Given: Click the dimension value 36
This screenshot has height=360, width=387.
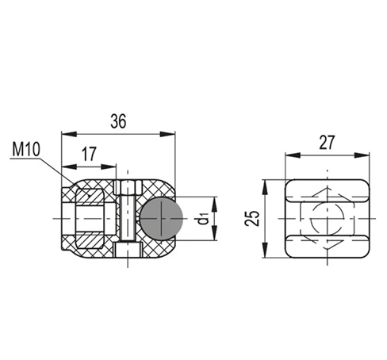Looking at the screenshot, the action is point(118,121).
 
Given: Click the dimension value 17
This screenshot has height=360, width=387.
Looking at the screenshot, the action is point(89,154).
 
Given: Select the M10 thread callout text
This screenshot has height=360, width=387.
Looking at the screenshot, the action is point(26,149).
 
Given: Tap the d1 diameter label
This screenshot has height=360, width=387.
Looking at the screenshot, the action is point(204,218).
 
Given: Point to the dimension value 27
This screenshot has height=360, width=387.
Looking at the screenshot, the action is point(327,143).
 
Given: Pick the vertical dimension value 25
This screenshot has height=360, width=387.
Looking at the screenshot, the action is point(252,219).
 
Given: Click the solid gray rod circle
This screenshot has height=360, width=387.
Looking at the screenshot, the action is point(161,218).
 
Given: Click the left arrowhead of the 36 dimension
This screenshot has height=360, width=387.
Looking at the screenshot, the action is point(69,134).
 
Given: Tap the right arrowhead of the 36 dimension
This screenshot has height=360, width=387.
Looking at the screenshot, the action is point(167,134).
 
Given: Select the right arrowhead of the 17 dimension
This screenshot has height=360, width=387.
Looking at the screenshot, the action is point(109,167).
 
